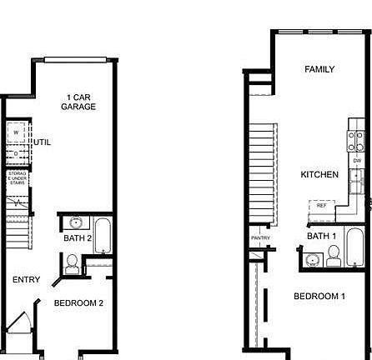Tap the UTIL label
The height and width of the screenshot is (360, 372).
pos(42,142)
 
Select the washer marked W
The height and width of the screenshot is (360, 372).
pos(17,133)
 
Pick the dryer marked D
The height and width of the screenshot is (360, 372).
pos(17,153)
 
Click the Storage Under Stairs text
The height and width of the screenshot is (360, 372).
pos(18,178)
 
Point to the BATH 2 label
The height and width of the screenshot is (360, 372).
pos(77,238)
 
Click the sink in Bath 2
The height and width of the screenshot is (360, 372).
pos(76,222)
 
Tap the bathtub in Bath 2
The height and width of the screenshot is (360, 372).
pos(104,236)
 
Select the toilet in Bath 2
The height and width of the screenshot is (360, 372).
pos(73,265)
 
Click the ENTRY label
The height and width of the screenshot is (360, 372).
pos(26,280)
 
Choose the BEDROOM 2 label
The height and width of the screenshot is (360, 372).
pos(78,303)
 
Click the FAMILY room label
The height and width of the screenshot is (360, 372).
pos(319,69)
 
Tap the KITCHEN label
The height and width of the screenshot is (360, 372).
pos(319,175)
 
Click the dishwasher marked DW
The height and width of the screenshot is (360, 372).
pos(357,161)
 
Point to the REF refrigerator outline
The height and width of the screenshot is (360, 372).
pos(322,205)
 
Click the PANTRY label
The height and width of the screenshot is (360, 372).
pos(260,238)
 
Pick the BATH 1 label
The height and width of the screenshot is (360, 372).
pos(321,236)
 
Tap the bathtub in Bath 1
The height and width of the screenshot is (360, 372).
pos(354,246)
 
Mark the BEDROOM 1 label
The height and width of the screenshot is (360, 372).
pos(319,297)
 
